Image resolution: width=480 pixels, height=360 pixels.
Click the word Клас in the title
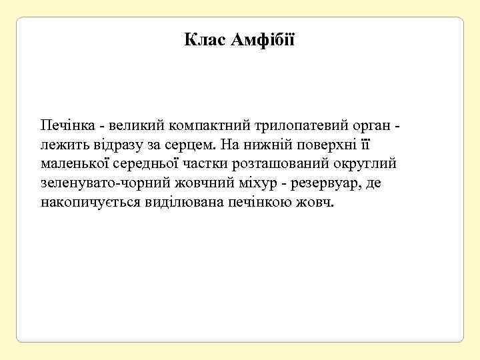[205, 41]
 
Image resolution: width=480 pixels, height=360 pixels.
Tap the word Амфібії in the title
[262, 41]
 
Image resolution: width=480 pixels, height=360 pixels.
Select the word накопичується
[91, 202]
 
